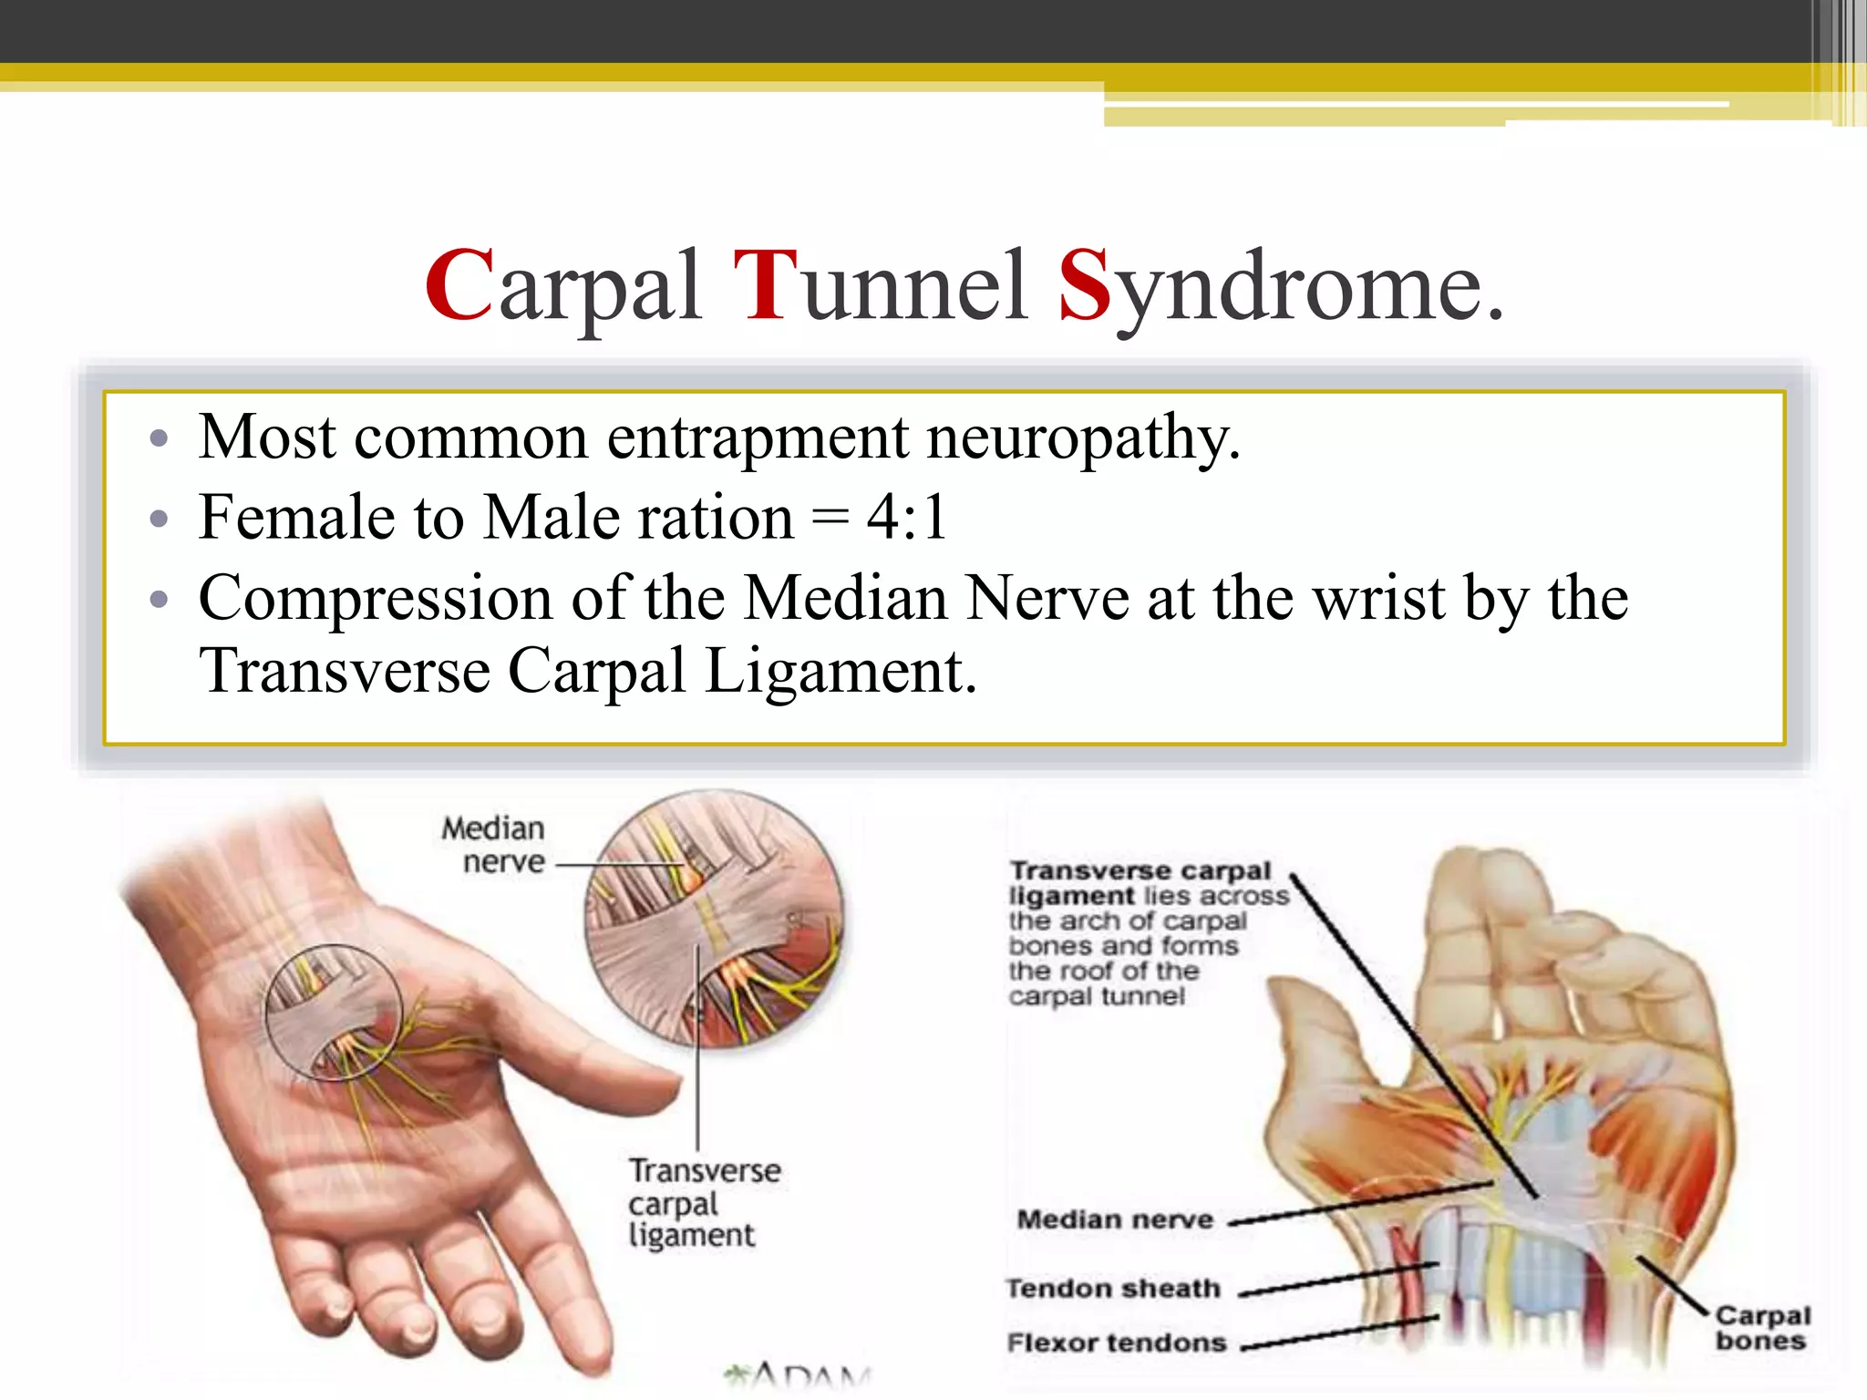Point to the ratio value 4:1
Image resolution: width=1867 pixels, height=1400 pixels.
[x=907, y=518]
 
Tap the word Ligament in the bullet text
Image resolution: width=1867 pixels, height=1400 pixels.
[x=841, y=673]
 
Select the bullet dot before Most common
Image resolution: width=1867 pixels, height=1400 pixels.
[x=160, y=438]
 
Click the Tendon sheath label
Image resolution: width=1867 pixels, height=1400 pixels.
[x=1113, y=1288]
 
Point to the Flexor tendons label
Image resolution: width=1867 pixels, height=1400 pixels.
[x=1117, y=1343]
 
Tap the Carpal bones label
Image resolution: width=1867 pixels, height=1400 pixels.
[x=1761, y=1328]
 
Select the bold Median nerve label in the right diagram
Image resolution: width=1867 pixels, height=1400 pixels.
[x=1115, y=1220]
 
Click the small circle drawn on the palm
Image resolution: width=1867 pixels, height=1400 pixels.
[x=333, y=1013]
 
